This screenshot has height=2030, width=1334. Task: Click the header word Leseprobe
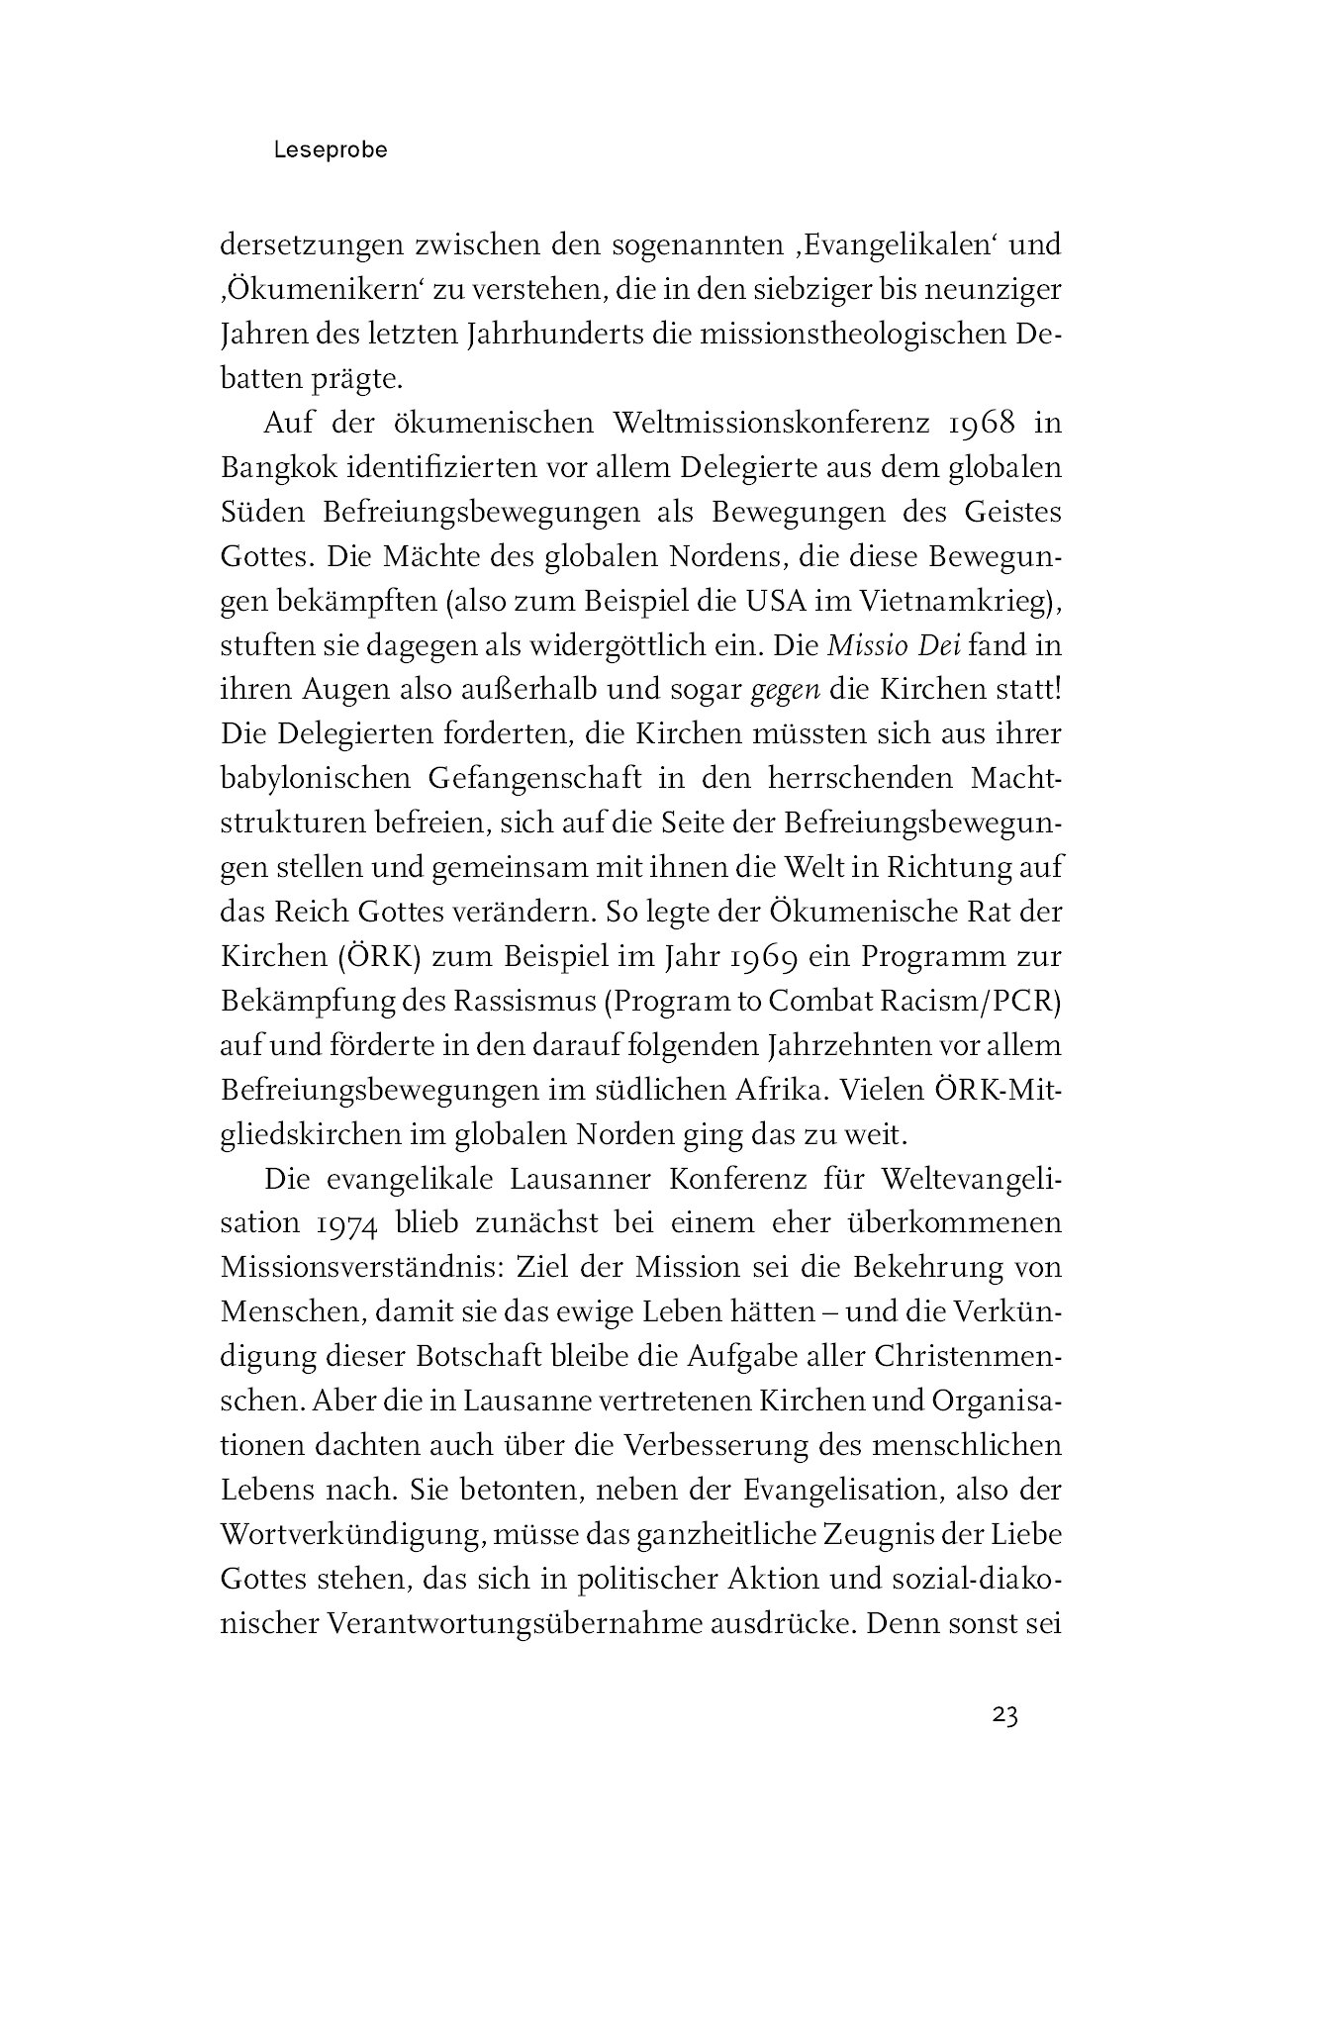pyautogui.click(x=332, y=151)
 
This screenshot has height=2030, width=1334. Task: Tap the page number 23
pyautogui.click(x=1004, y=1715)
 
